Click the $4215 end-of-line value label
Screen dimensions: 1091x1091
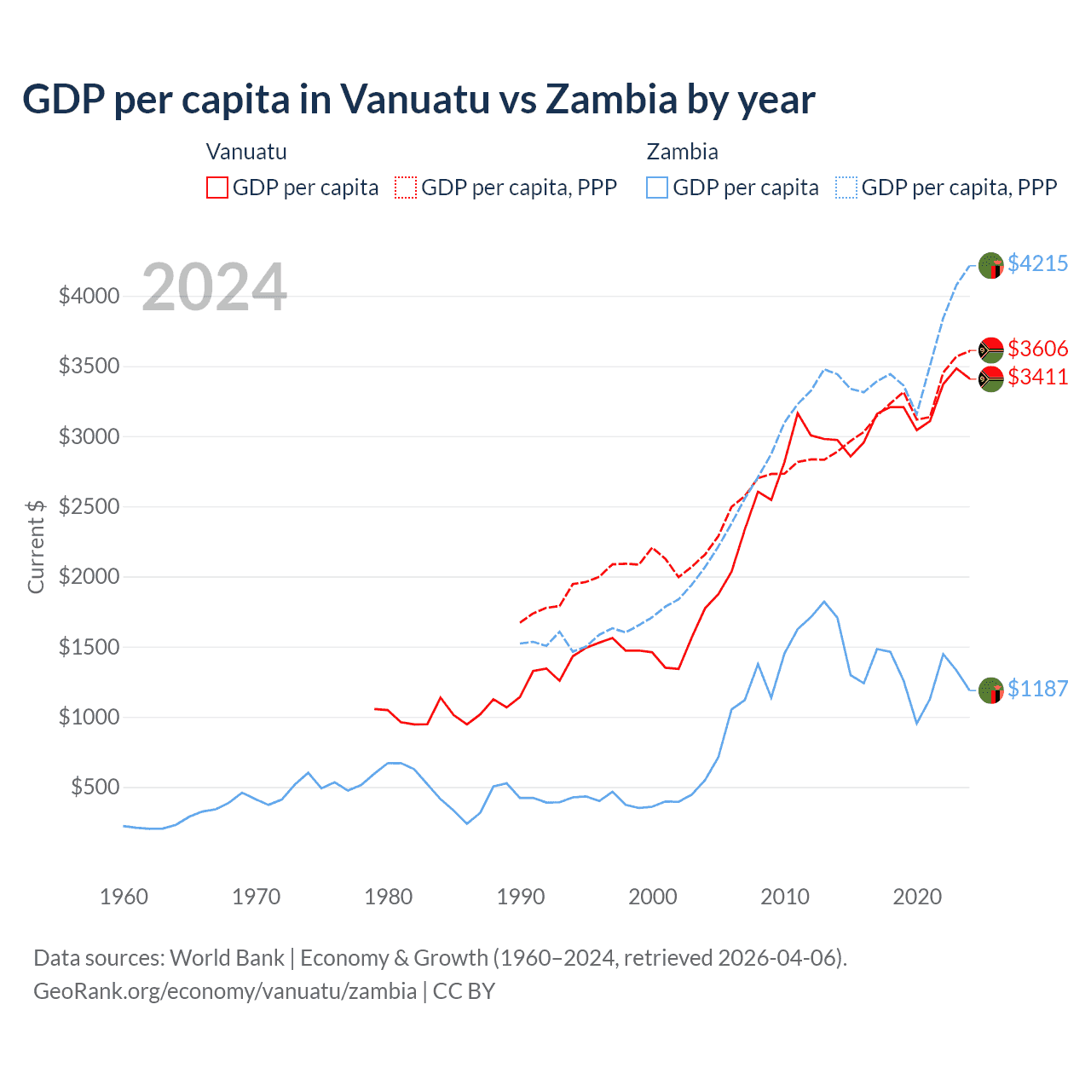1037,263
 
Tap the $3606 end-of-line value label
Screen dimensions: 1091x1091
1037,349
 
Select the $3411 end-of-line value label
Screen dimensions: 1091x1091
1037,377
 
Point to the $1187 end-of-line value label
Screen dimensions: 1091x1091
1037,689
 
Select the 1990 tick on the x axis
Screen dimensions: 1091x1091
521,897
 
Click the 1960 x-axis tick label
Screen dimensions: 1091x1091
124,897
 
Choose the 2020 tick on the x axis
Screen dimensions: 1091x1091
917,897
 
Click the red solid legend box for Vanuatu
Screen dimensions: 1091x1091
217,188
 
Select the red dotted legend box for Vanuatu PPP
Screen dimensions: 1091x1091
406,188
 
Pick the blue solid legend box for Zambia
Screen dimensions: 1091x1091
657,188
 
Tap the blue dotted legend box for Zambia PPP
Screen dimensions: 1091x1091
846,188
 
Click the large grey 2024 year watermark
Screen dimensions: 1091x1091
214,287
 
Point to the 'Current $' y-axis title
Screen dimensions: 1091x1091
36,546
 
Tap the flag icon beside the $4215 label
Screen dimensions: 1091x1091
990,265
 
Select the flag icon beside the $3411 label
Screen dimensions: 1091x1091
990,378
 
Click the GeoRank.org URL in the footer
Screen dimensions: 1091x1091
225,991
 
